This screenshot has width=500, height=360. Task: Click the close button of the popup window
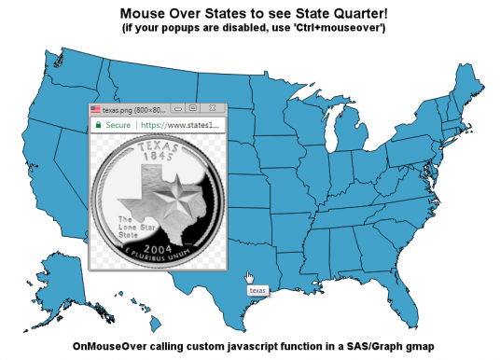click(x=213, y=109)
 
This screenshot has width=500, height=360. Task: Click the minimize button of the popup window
click(x=177, y=109)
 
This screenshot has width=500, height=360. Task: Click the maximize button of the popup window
click(x=192, y=109)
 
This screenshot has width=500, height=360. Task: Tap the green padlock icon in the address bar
click(x=97, y=123)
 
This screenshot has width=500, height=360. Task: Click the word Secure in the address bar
click(x=118, y=123)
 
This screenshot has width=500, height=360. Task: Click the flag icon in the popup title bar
click(x=95, y=109)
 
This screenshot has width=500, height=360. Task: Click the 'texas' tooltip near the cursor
click(x=257, y=292)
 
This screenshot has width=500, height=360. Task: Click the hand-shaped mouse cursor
click(x=249, y=278)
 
